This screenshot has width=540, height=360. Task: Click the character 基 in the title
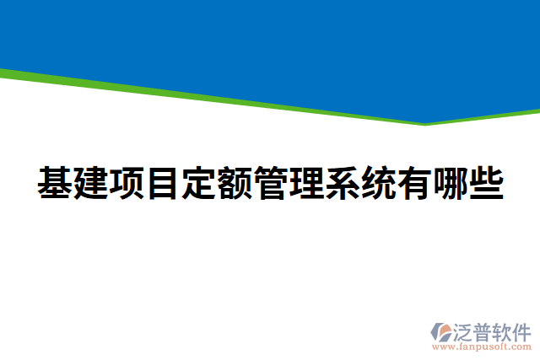pos(54,184)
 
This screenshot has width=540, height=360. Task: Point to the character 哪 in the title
pos(451,184)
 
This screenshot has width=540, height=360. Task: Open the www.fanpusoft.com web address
pos(482,346)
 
